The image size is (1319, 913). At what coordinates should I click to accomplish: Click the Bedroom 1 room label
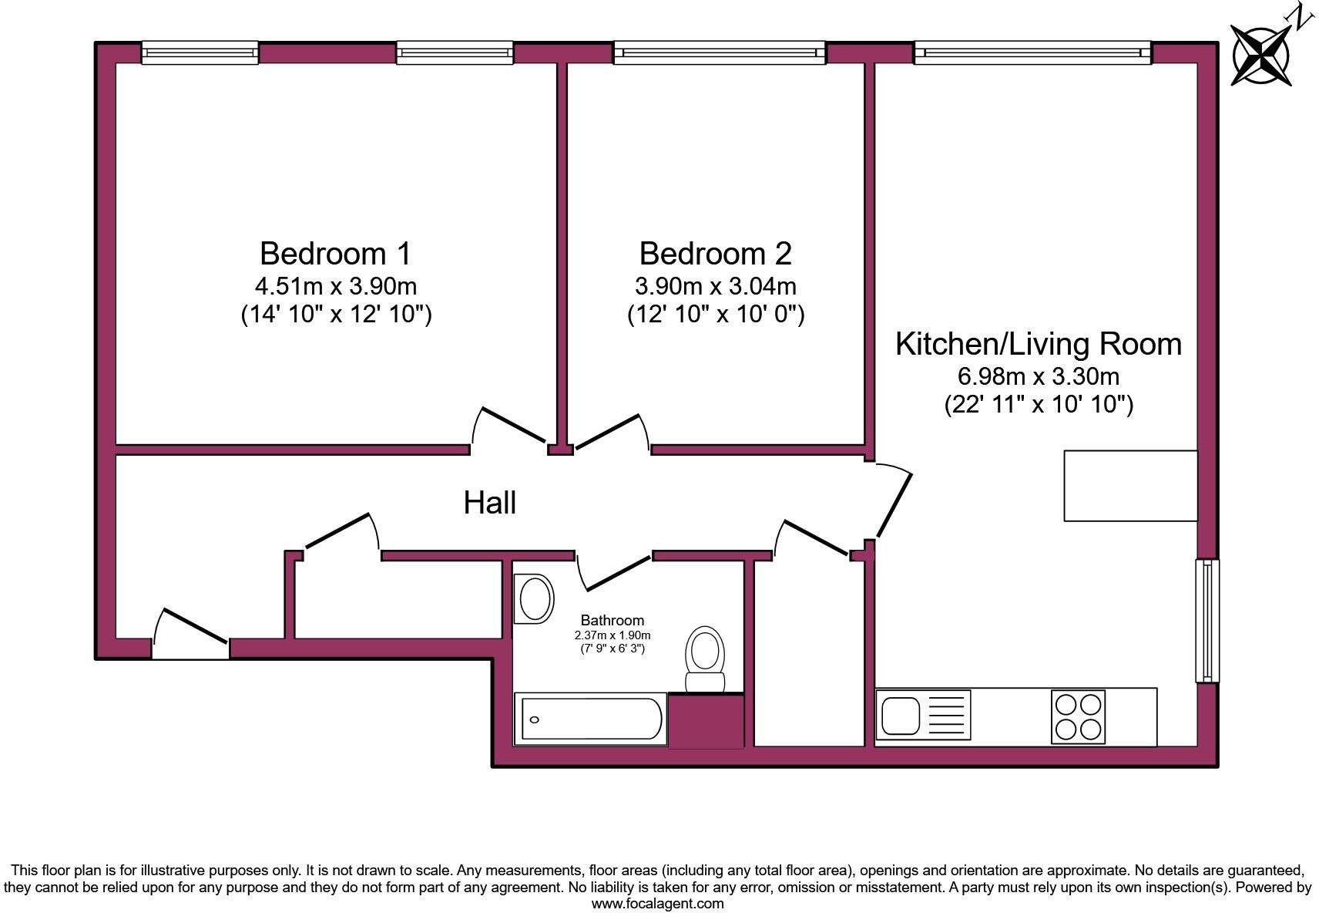click(x=335, y=253)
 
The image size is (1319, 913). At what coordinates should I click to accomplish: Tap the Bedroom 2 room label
click(x=715, y=253)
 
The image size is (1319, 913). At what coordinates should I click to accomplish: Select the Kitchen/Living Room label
click(x=1038, y=344)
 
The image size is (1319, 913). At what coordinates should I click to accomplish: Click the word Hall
click(x=489, y=503)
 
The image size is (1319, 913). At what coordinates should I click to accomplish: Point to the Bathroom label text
click(x=612, y=620)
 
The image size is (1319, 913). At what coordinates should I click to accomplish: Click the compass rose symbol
click(x=1260, y=54)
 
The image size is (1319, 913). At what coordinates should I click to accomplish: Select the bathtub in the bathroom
click(x=590, y=719)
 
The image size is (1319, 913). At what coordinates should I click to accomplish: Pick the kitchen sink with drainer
click(x=923, y=715)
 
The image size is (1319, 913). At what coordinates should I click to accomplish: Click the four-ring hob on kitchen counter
click(x=1078, y=716)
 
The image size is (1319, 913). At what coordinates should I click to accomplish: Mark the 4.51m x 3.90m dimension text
click(x=335, y=286)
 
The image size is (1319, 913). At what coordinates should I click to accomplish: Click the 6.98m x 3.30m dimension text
click(x=1038, y=376)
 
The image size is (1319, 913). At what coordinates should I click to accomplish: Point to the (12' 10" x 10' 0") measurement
click(x=715, y=315)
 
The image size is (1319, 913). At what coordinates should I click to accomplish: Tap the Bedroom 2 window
click(x=719, y=52)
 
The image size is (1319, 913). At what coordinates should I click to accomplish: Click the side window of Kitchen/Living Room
click(x=1207, y=621)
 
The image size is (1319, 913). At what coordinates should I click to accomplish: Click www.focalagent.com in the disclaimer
click(x=657, y=903)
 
